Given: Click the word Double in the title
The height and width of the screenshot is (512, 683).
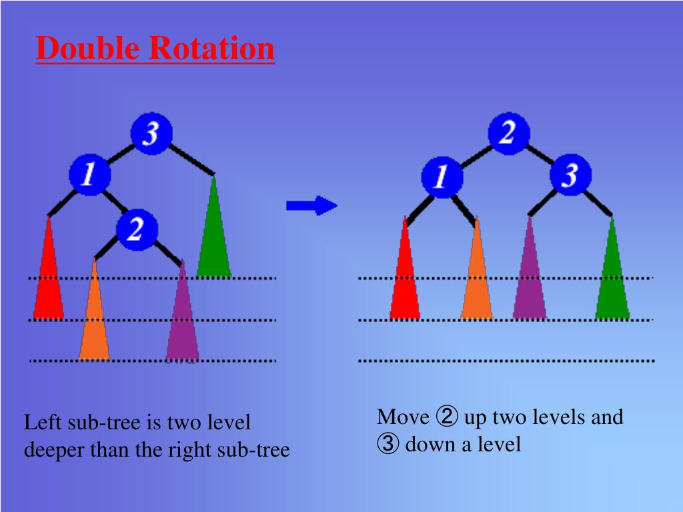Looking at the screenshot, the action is pyautogui.click(x=89, y=49).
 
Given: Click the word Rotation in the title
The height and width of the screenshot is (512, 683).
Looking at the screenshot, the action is pyautogui.click(x=211, y=49).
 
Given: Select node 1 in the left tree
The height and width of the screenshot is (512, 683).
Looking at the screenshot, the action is pyautogui.click(x=89, y=175).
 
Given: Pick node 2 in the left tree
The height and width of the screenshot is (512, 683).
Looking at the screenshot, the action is pyautogui.click(x=136, y=230).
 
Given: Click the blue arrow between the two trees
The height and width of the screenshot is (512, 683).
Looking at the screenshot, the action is pyautogui.click(x=311, y=205).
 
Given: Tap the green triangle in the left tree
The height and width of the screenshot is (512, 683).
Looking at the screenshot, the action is pyautogui.click(x=214, y=240).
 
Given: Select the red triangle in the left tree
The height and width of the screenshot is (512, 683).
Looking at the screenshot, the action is pyautogui.click(x=49, y=280).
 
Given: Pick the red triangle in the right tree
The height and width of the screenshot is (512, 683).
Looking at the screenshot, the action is pyautogui.click(x=405, y=280).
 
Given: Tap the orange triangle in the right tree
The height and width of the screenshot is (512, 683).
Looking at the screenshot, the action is pyautogui.click(x=476, y=280).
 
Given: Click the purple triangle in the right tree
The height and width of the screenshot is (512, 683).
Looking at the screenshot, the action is pyautogui.click(x=530, y=280).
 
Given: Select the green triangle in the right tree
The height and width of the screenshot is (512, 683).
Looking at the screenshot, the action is pyautogui.click(x=612, y=280).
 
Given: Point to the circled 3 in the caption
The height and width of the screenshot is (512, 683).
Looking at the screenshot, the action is pyautogui.click(x=388, y=444).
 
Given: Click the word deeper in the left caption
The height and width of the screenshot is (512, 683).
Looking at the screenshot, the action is pyautogui.click(x=55, y=450).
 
